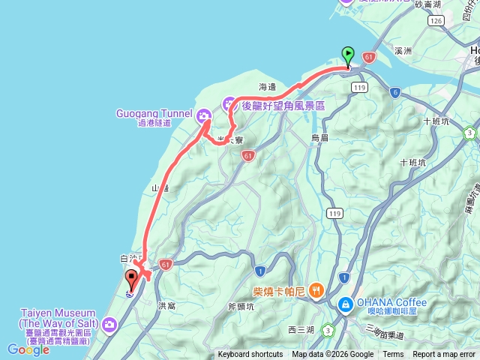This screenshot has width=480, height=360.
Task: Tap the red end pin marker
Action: point(132,279)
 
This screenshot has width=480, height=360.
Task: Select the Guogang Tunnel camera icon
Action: point(203,115)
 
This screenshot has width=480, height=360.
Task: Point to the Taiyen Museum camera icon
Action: point(110,324)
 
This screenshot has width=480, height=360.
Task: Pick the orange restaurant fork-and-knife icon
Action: point(316,289)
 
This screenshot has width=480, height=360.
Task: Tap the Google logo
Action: point(28,349)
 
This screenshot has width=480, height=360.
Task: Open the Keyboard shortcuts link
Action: point(250,355)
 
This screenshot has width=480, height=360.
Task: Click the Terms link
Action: point(393,355)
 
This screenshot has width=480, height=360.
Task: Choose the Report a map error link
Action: point(444,355)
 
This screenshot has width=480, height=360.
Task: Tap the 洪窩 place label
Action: point(166,306)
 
